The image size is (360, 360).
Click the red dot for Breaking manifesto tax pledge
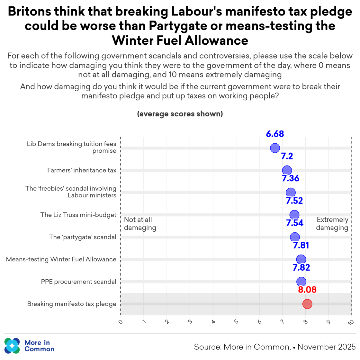(307, 304)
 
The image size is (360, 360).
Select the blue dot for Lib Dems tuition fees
(275, 148)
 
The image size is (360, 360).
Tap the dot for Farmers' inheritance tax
(287, 170)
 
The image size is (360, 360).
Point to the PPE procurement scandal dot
(301, 282)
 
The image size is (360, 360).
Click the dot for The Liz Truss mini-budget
(294, 215)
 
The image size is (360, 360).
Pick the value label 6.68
(275, 134)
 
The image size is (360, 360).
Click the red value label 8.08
(307, 290)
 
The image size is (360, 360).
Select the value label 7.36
(291, 178)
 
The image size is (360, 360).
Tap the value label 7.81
(301, 245)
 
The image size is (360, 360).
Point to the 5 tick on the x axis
(236, 321)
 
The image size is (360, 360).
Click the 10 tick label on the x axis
(351, 322)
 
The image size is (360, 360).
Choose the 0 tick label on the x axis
(121, 321)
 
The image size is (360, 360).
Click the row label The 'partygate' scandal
(83, 237)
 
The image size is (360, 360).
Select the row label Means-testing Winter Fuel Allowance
(61, 259)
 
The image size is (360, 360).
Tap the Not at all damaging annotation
(140, 224)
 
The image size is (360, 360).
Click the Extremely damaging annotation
(332, 224)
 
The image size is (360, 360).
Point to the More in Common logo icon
(12, 346)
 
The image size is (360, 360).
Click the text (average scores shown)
(180, 114)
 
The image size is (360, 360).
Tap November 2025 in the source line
(326, 347)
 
